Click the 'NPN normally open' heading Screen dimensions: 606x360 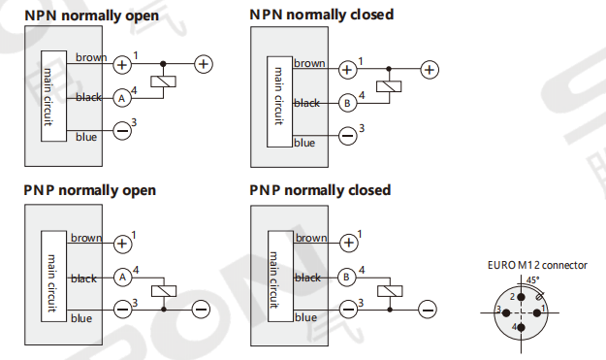point(91,16)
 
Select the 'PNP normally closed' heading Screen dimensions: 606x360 point(320,190)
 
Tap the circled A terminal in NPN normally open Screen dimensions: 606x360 point(122,98)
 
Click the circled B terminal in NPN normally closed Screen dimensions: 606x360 point(347,103)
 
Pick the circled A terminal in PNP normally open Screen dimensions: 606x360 point(123,277)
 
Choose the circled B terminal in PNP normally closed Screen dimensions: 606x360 point(347,277)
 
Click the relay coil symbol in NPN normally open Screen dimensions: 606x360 point(163,82)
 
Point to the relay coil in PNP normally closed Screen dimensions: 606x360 point(390,291)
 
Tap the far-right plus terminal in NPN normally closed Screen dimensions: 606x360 point(430,70)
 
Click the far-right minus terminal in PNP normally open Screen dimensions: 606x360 point(201,310)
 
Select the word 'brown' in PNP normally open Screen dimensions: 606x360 point(86,238)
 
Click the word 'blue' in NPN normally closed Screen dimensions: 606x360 point(304,143)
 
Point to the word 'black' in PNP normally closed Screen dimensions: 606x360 point(308,278)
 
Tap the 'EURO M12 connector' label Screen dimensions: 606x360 point(537,265)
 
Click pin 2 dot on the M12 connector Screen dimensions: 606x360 point(521,297)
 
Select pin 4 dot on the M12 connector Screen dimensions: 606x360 point(521,328)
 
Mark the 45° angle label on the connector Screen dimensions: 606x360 point(533,280)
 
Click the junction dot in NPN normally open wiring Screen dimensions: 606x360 point(163,64)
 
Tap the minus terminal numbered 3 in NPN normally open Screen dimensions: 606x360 point(122,131)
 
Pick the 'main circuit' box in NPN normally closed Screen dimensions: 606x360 point(279,102)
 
